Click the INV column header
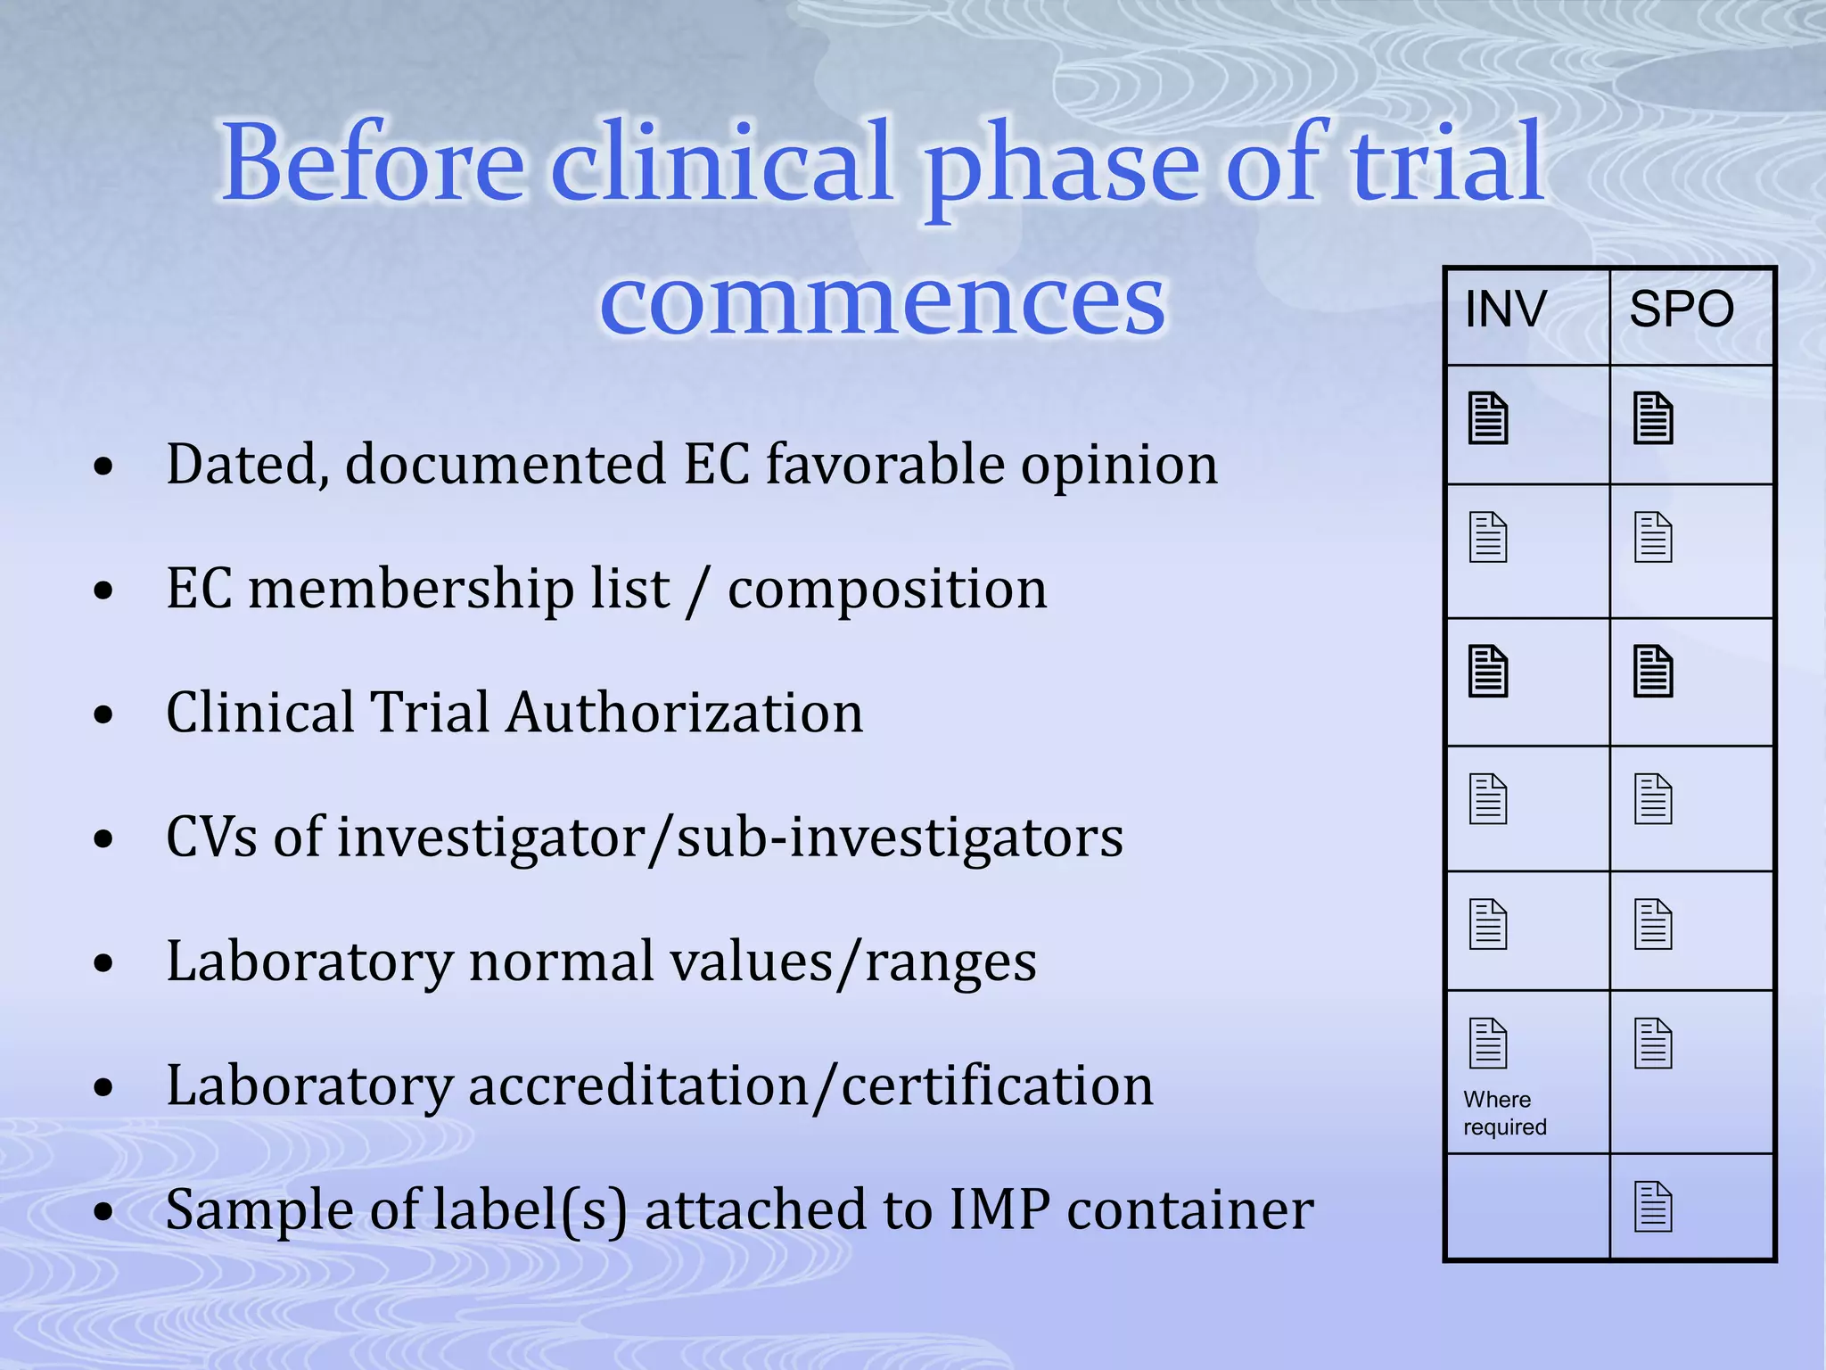(x=1506, y=309)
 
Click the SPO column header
(x=1681, y=309)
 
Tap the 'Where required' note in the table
(x=1505, y=1113)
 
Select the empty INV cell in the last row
(x=1527, y=1207)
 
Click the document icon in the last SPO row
(x=1653, y=1207)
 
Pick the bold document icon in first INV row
(x=1488, y=418)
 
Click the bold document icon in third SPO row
(x=1653, y=671)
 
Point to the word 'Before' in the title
(x=373, y=163)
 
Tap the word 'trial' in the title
(x=1446, y=163)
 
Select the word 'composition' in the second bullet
(x=887, y=590)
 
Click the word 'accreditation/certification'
(x=810, y=1086)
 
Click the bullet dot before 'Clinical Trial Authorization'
(x=104, y=714)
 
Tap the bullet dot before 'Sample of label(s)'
(x=104, y=1212)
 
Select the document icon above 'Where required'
(x=1488, y=1043)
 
